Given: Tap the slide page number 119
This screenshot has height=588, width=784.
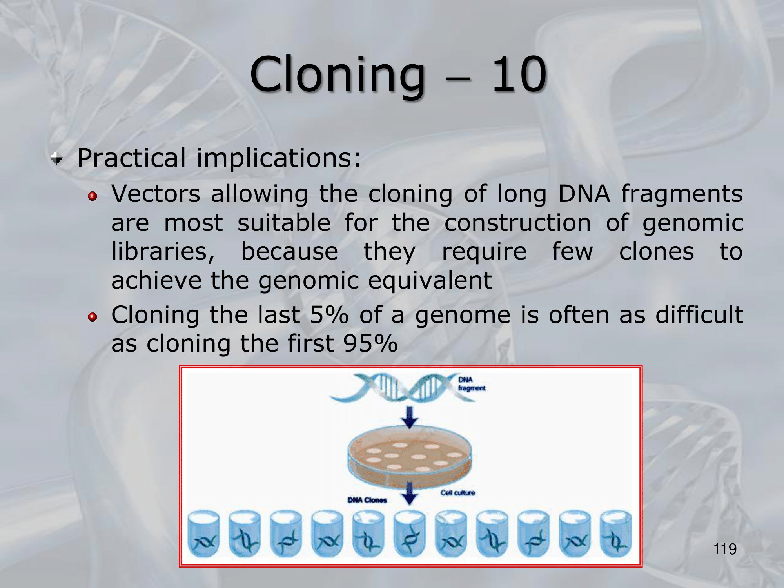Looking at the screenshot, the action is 725,549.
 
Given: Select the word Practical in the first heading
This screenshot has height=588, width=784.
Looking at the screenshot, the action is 131,158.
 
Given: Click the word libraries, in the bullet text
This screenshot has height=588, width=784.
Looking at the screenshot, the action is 163,251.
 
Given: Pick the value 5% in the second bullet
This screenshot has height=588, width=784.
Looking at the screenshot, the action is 329,315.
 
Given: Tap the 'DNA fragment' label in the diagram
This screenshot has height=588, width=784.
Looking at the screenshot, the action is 472,384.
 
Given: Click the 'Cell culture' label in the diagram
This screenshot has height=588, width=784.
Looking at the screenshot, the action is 457,493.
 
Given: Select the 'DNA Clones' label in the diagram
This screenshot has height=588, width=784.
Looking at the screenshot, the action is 367,500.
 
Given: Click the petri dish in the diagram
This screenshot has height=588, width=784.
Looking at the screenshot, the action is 410,457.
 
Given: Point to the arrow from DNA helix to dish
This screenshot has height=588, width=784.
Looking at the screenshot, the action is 410,417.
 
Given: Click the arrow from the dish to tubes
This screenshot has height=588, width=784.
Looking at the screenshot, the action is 410,493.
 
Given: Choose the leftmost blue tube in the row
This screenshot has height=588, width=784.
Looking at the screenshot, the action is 203,534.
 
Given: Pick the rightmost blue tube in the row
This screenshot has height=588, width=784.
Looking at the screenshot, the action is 616,534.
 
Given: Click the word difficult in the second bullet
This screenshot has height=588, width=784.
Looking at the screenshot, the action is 699,315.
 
